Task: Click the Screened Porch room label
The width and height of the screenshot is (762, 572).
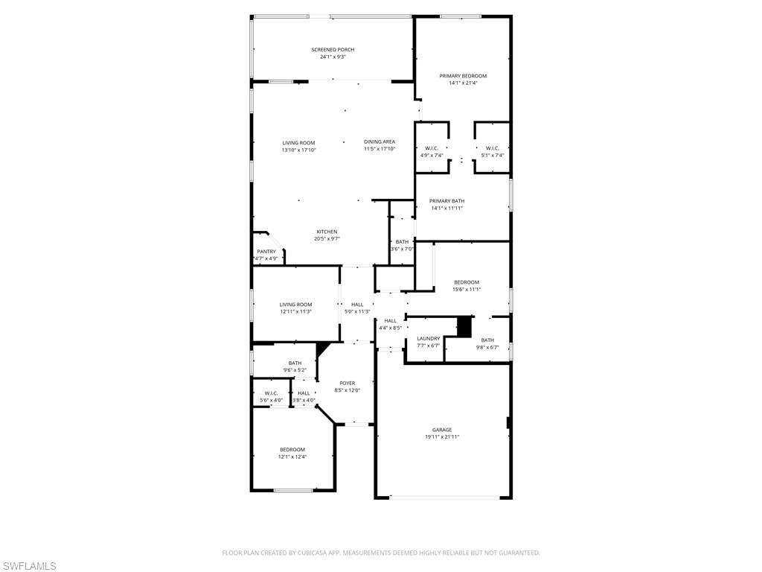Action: click(333, 50)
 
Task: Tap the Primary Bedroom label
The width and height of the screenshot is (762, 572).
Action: click(463, 76)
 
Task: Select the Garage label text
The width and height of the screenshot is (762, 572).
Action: click(442, 430)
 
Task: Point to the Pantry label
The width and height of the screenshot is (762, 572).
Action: click(266, 252)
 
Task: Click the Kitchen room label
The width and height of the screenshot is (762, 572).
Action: click(327, 232)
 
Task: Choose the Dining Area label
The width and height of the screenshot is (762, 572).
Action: click(380, 142)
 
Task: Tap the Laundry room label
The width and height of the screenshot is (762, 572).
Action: click(429, 339)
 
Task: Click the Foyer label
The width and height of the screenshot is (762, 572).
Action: click(348, 384)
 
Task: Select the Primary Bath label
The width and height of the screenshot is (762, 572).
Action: click(446, 201)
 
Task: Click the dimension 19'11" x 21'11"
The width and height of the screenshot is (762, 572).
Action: click(442, 437)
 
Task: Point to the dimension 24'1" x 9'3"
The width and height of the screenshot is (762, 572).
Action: click(333, 57)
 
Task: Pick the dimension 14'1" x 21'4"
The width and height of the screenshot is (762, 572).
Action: click(463, 83)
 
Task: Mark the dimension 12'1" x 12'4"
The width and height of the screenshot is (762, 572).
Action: click(292, 457)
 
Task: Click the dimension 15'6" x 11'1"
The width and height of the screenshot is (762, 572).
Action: click(467, 289)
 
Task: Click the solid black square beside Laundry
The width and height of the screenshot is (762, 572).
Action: click(464, 326)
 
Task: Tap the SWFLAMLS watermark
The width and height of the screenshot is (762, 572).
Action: click(28, 567)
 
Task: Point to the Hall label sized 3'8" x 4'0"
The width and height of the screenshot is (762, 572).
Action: click(304, 393)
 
